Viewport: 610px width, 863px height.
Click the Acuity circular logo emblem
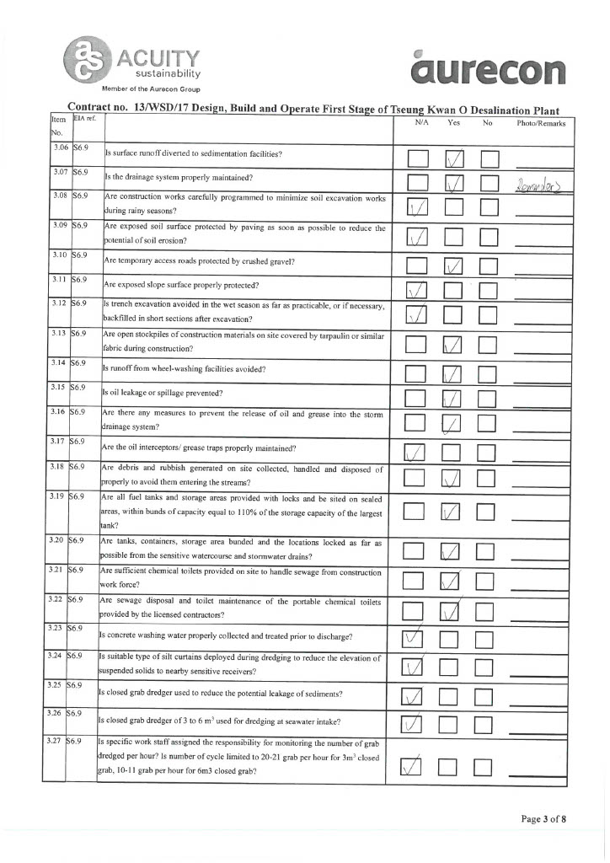(x=86, y=58)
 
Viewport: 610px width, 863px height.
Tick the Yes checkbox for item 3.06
(x=455, y=158)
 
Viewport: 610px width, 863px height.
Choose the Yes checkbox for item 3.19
(x=453, y=511)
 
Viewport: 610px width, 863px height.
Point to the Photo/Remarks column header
(x=541, y=123)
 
